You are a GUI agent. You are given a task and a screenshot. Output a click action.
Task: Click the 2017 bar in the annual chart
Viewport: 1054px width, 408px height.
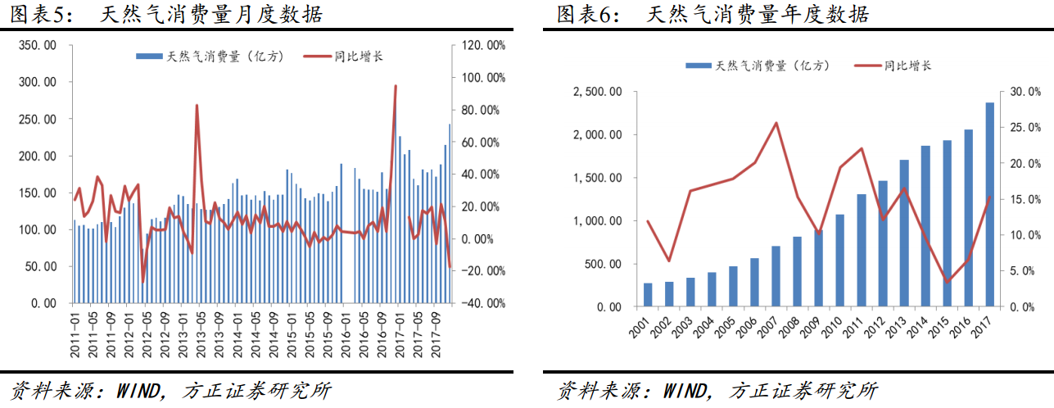[x=989, y=205]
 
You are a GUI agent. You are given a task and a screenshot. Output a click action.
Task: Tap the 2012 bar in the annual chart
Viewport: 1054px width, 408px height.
[x=883, y=243]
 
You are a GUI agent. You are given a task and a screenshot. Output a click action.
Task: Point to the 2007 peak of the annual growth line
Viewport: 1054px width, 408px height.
[x=776, y=123]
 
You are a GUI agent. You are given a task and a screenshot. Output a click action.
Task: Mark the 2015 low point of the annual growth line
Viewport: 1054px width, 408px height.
[x=947, y=282]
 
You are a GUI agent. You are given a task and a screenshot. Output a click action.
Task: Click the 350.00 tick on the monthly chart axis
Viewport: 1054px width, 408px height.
[x=37, y=46]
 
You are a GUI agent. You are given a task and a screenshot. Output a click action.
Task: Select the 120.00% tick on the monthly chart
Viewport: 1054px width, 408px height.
[x=484, y=46]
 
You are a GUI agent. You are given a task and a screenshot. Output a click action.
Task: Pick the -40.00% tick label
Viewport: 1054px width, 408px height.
[x=484, y=303]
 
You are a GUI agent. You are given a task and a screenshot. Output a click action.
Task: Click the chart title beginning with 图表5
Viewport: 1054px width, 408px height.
[x=163, y=14]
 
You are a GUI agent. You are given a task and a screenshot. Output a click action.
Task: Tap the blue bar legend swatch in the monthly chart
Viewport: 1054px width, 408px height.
[x=149, y=57]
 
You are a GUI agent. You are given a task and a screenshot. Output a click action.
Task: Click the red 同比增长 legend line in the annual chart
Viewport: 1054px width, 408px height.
[x=867, y=66]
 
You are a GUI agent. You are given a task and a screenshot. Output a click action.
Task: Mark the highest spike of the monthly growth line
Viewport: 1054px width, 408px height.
[x=396, y=86]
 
